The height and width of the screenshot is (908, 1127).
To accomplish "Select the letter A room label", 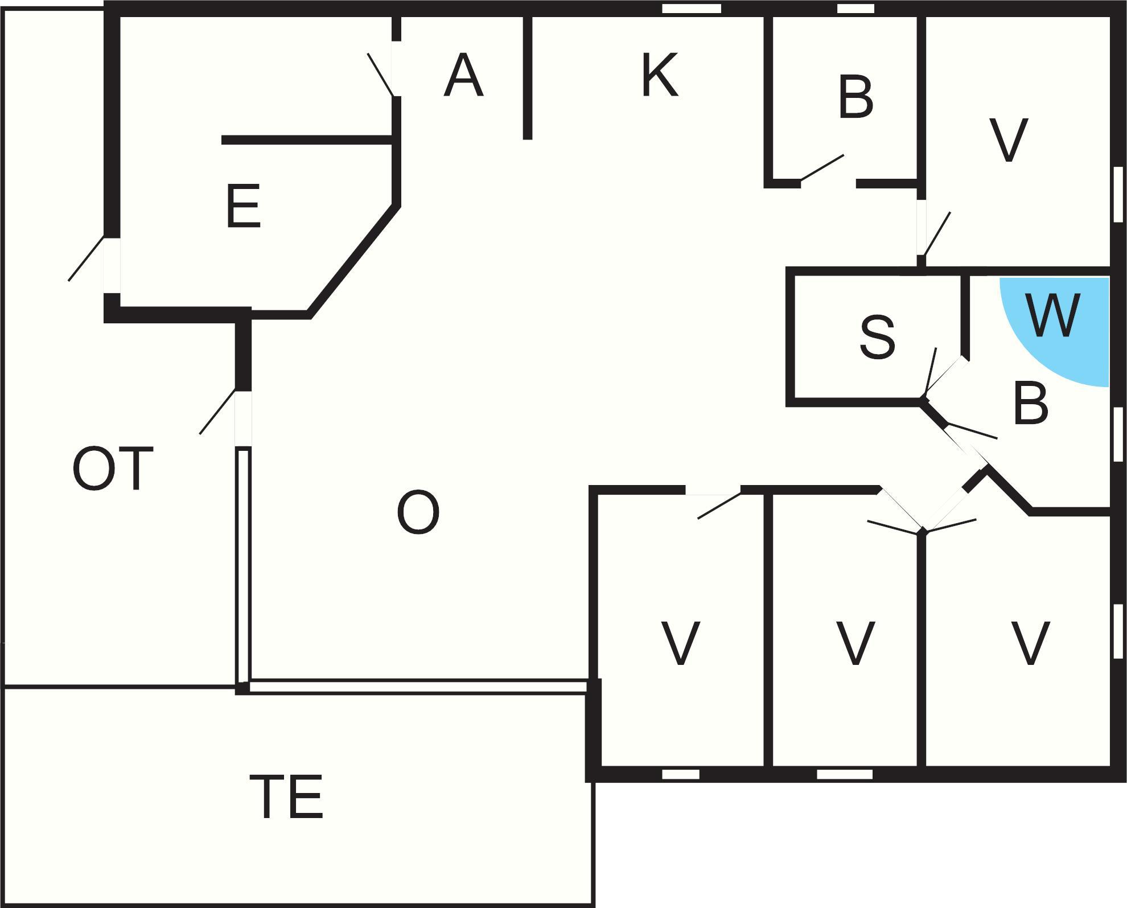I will pyautogui.click(x=463, y=75).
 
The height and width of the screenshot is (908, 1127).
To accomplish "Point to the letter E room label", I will pyautogui.click(x=243, y=207).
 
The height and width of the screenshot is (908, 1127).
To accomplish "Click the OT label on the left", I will pyautogui.click(x=113, y=469).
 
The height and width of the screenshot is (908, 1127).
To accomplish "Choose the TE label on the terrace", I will pyautogui.click(x=287, y=796).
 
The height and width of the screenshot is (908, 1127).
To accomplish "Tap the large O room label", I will pyautogui.click(x=418, y=512).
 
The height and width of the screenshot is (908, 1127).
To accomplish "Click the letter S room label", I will pyautogui.click(x=877, y=337).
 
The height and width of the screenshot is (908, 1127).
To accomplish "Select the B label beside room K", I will pyautogui.click(x=855, y=98).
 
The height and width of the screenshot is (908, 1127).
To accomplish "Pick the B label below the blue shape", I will pyautogui.click(x=1031, y=404).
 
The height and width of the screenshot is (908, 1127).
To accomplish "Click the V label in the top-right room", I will pyautogui.click(x=1009, y=140).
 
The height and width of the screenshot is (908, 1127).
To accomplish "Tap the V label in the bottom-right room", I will pyautogui.click(x=1030, y=643).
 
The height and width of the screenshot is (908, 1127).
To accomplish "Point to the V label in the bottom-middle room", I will pyautogui.click(x=855, y=643).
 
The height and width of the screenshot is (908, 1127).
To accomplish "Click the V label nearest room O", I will pyautogui.click(x=680, y=643).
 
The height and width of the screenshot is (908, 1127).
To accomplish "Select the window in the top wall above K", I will pyautogui.click(x=692, y=9).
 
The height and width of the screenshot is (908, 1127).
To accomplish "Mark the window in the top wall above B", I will pyautogui.click(x=855, y=9).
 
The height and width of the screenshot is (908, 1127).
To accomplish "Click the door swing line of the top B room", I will pyautogui.click(x=822, y=167).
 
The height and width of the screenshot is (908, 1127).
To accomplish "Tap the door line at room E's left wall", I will pyautogui.click(x=86, y=258).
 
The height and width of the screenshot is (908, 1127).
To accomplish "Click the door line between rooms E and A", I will pyautogui.click(x=380, y=75).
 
